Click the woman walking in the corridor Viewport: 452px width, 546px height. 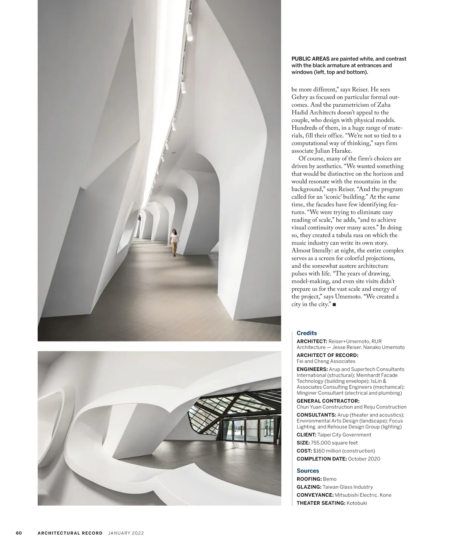(174, 242)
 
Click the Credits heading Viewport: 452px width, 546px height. (307, 333)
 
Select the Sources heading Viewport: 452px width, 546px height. (308, 471)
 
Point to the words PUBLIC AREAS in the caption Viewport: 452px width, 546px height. (310, 59)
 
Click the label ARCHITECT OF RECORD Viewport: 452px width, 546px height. (327, 355)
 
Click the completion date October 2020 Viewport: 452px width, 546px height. (364, 459)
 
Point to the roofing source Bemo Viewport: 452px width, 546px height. (330, 479)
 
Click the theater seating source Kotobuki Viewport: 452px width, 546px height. (357, 503)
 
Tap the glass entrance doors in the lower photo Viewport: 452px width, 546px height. (240, 430)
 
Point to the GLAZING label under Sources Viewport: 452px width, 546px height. (309, 487)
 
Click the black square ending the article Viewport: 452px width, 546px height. (334, 305)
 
